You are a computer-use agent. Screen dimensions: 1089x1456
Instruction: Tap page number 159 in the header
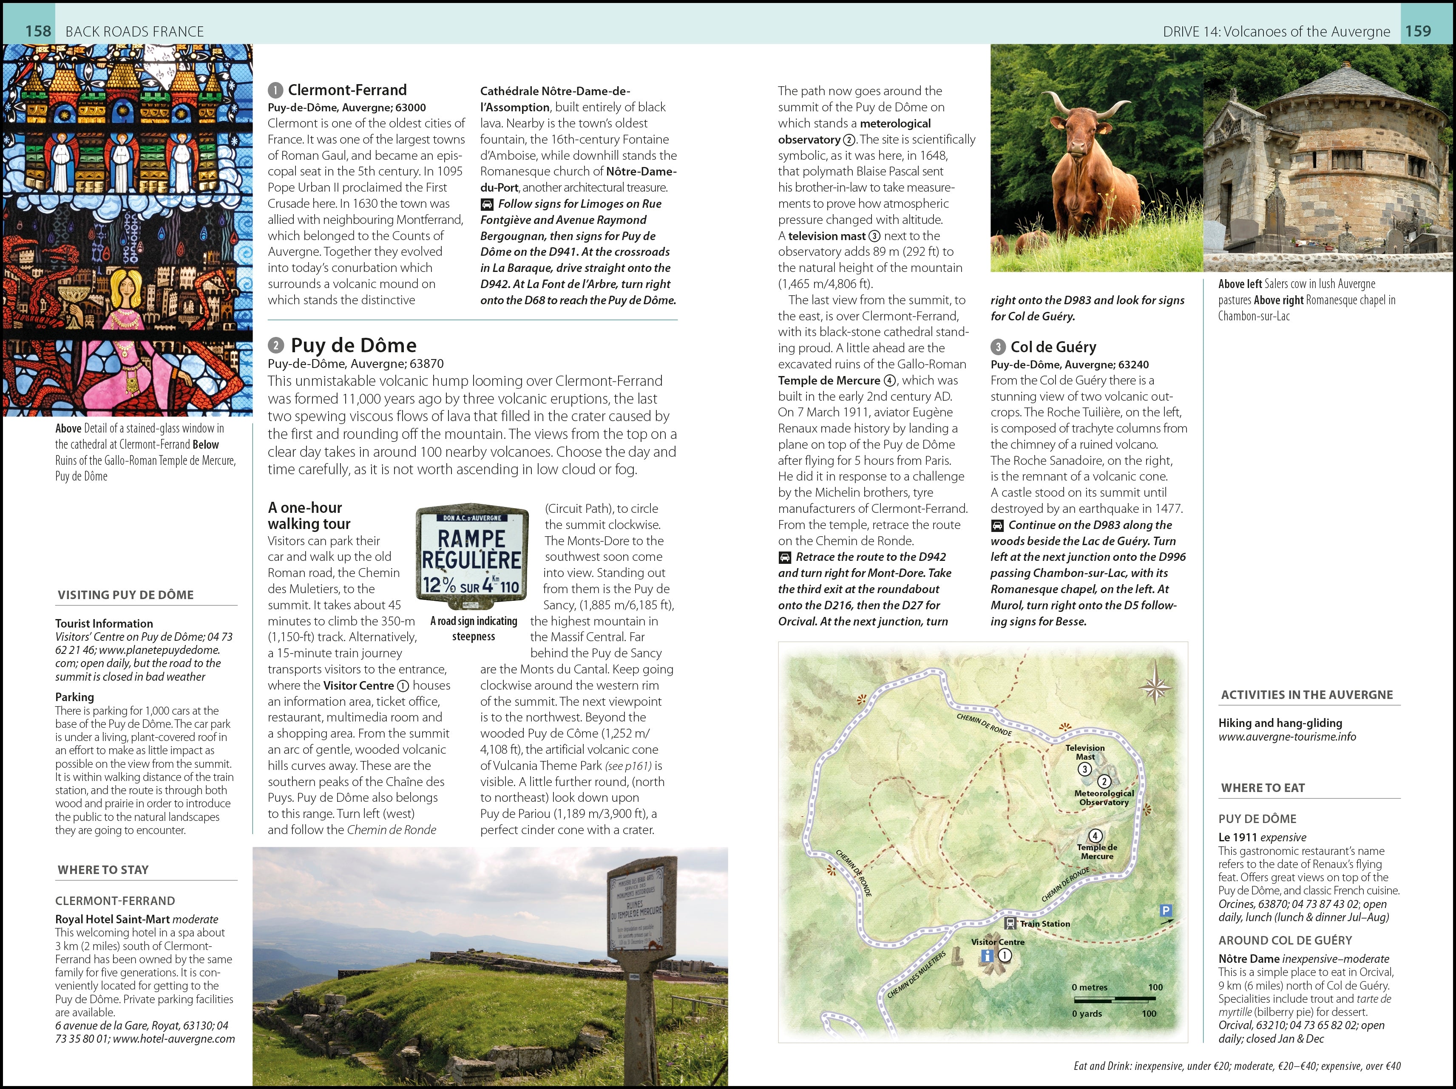tap(1418, 31)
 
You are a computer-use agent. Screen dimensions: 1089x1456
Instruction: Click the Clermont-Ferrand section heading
tap(347, 90)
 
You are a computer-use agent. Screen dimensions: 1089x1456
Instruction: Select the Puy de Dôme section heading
tap(353, 345)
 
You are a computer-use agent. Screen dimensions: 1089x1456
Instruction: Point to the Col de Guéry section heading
tap(1053, 347)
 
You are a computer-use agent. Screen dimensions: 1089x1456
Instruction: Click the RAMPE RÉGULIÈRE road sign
tap(472, 557)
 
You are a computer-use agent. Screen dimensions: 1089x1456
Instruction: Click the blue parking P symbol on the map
tap(1166, 910)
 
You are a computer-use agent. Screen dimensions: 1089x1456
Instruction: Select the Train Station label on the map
tap(1044, 924)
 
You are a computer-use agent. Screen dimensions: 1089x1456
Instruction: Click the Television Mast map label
tap(1085, 752)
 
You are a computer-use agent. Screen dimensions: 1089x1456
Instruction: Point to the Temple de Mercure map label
tap(1097, 851)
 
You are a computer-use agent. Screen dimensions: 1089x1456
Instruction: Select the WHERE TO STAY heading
tap(103, 870)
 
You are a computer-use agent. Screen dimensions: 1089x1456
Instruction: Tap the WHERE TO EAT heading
tap(1263, 788)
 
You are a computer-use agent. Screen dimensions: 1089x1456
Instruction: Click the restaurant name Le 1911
tap(1234, 837)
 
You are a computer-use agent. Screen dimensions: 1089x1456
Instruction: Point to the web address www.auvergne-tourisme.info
tap(1287, 737)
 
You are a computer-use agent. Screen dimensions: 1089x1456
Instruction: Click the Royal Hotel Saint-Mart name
tap(112, 919)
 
